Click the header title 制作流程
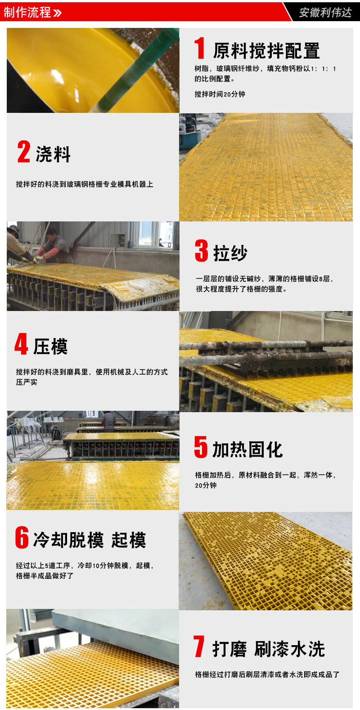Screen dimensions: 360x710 [x=27, y=12]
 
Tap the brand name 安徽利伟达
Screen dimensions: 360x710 [x=325, y=13]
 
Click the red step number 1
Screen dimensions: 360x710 [x=200, y=48]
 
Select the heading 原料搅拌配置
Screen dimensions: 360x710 [x=266, y=51]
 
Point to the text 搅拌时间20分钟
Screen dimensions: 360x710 [x=220, y=94]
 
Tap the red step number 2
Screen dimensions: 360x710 [x=24, y=152]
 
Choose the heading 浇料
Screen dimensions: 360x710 [x=53, y=154]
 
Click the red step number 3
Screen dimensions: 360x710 [x=202, y=250]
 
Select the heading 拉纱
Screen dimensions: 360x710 [x=230, y=253]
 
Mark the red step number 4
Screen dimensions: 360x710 [x=21, y=344]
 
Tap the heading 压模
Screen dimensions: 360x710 [x=50, y=346]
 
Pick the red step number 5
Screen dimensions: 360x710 [x=201, y=447]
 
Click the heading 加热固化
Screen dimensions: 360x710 [x=247, y=449]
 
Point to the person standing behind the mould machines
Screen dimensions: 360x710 [x=109, y=421]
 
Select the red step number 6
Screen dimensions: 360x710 [x=22, y=537]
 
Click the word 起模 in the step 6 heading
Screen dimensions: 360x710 [x=129, y=540]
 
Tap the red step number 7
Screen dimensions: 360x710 [x=199, y=646]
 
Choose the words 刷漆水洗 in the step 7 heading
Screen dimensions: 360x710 [x=289, y=649]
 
